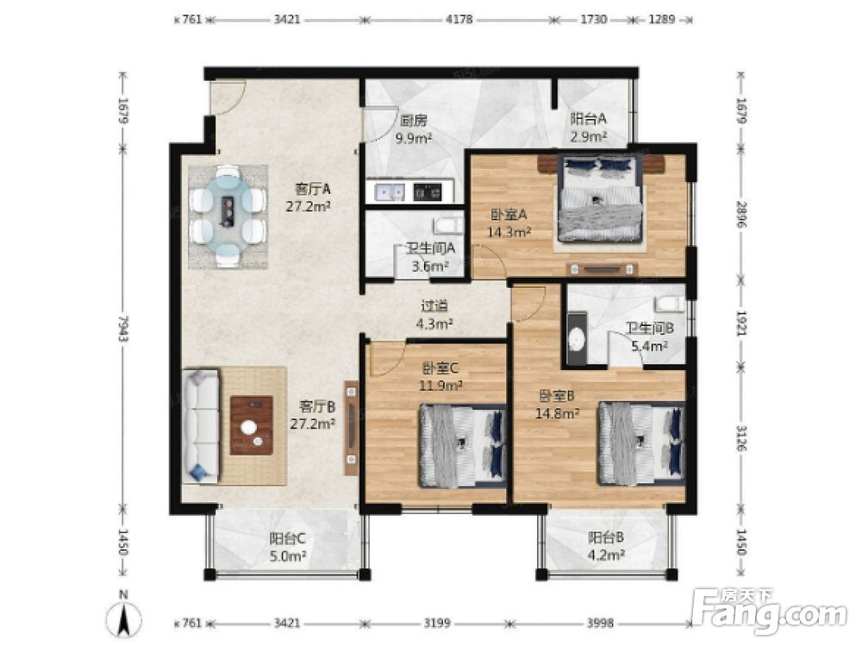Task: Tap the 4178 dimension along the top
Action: click(x=459, y=19)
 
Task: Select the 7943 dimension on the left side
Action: click(x=123, y=329)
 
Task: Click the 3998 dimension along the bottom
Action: click(x=600, y=623)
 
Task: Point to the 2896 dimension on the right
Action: click(x=741, y=215)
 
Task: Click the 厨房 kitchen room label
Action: click(x=414, y=119)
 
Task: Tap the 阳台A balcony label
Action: click(x=588, y=118)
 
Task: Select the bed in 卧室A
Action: click(x=600, y=198)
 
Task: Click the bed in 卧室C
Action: click(x=463, y=446)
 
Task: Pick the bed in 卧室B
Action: click(x=641, y=443)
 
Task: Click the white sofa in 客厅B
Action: click(x=200, y=427)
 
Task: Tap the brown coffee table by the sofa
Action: click(x=252, y=424)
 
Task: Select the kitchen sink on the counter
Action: click(x=390, y=192)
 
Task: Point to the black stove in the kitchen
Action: click(x=428, y=192)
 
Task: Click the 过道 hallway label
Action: click(x=434, y=305)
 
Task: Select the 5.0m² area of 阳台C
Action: click(x=288, y=556)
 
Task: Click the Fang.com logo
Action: click(x=769, y=611)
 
